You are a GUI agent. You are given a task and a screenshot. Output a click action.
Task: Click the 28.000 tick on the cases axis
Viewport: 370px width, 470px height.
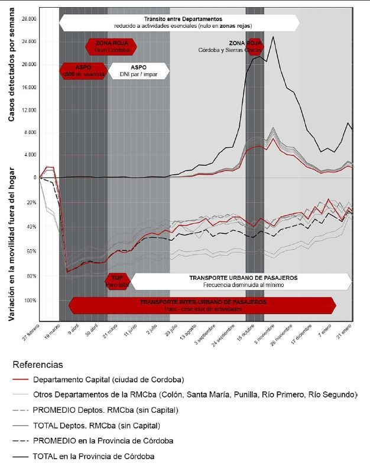click(x=28, y=19)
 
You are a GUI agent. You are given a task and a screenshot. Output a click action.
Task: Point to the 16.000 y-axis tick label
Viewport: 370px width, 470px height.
click(x=28, y=87)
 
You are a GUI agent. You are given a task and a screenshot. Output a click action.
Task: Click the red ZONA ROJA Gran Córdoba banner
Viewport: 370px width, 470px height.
click(x=111, y=46)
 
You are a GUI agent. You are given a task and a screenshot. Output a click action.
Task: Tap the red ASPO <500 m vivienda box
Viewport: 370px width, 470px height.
click(x=83, y=71)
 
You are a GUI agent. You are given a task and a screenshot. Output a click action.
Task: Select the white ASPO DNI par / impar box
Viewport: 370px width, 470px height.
click(x=139, y=71)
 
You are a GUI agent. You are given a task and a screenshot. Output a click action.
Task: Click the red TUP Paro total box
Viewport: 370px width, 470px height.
click(x=116, y=280)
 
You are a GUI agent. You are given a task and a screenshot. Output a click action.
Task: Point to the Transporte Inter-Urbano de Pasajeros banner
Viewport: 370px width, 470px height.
click(x=202, y=305)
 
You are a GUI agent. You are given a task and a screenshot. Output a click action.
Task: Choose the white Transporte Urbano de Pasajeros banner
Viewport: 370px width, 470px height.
click(x=242, y=280)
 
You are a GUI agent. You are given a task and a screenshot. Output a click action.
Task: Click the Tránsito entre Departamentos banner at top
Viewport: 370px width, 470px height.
click(x=179, y=23)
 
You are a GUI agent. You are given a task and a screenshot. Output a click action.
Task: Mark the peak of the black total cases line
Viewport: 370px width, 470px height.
click(x=272, y=37)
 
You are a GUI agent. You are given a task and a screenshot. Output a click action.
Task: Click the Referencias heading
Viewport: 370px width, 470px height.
click(x=37, y=365)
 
